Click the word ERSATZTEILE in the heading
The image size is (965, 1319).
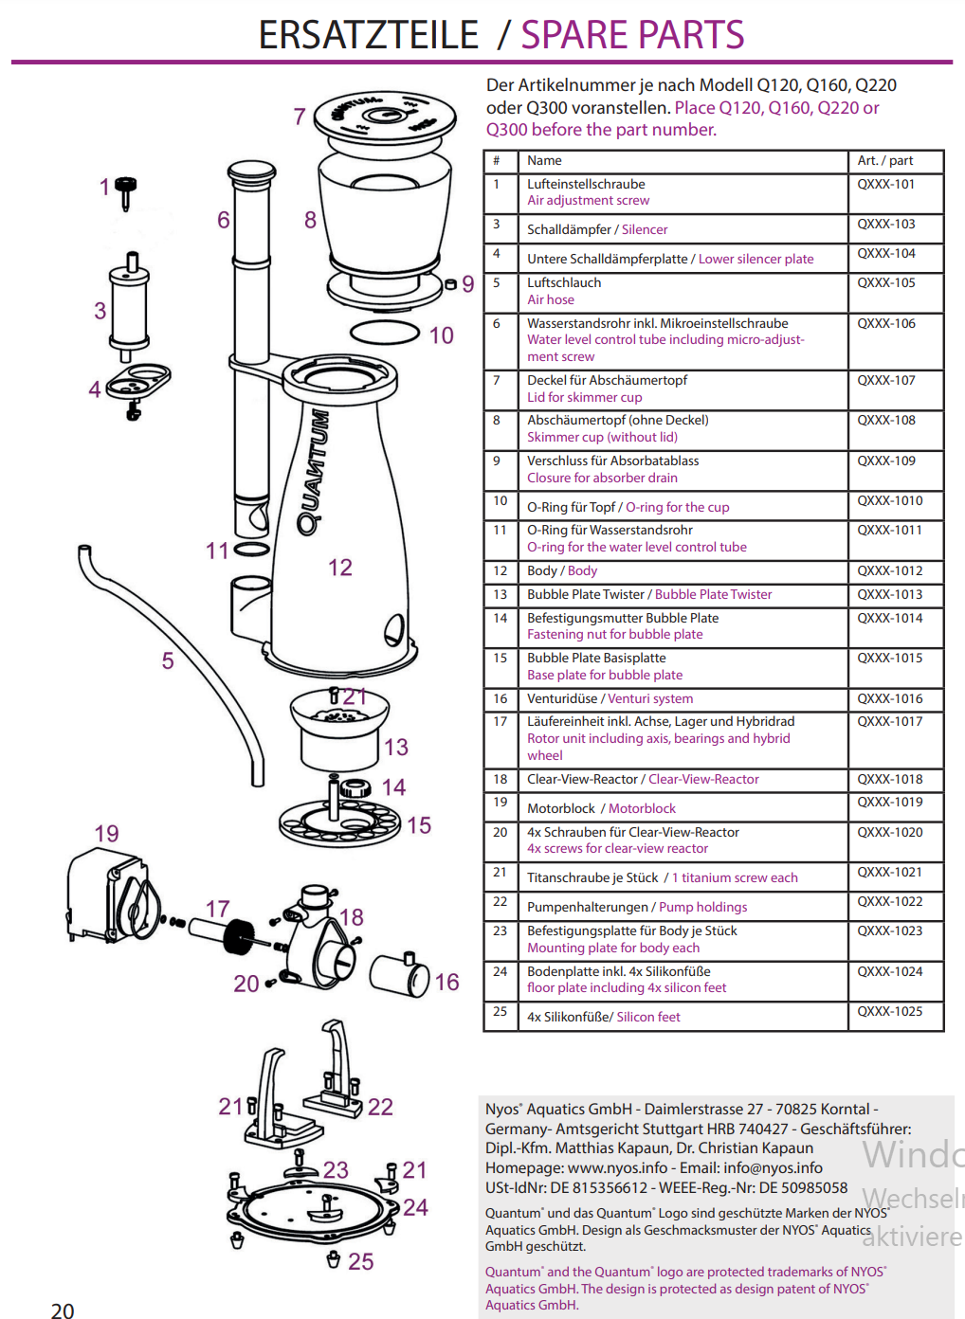[368, 35]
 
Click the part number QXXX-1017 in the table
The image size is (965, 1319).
[889, 722]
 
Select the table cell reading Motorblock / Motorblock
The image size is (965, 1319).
[601, 808]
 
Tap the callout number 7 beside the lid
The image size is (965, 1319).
[300, 117]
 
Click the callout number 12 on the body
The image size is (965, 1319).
[340, 568]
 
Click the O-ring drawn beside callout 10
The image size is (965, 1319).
[384, 332]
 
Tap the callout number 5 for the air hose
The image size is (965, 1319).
[168, 660]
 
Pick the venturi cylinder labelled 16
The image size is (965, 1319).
[399, 975]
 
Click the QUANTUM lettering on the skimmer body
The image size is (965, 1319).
[314, 472]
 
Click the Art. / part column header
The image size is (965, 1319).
[884, 161]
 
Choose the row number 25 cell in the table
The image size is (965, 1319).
[500, 1012]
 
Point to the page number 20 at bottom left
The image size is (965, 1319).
[63, 1310]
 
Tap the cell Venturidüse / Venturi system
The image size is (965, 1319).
[610, 699]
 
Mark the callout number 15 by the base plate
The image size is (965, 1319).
[419, 825]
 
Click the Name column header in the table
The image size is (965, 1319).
[544, 161]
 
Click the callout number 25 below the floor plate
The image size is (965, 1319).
[360, 1262]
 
